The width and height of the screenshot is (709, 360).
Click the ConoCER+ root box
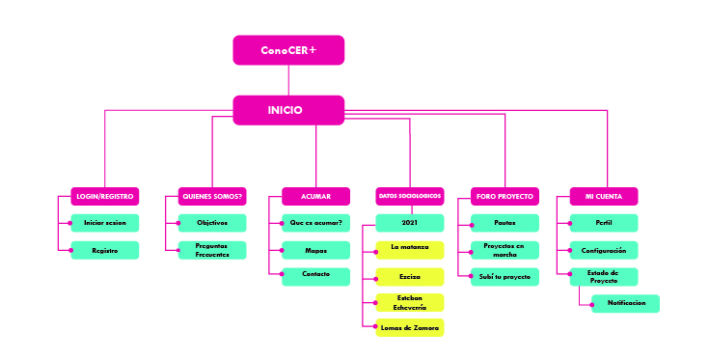pos(288,50)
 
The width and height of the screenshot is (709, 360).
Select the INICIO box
pos(288,110)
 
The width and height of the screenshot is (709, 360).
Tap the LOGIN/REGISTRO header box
pos(105,196)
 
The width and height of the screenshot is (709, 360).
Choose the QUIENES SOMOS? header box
pos(212,196)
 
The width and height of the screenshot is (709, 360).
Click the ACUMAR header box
pos(315,196)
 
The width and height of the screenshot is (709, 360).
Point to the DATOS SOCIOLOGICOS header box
pos(410,196)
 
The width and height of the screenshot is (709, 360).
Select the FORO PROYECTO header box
pos(504,196)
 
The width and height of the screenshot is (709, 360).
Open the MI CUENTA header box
pos(604,196)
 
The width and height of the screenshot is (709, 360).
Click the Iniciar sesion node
pos(105,223)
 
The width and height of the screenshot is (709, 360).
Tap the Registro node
pos(105,250)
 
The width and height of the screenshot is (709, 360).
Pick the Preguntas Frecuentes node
pos(212,250)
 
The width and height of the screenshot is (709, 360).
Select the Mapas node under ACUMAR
pos(315,250)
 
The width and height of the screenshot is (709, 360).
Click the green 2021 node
pos(410,223)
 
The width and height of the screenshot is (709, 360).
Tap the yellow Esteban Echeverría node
pos(410,303)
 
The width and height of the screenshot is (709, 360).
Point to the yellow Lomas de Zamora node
pos(410,328)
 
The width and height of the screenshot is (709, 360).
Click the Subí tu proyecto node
pos(504,277)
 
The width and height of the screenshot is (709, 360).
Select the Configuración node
pos(604,250)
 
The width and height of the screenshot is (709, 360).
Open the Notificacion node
pos(625,304)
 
